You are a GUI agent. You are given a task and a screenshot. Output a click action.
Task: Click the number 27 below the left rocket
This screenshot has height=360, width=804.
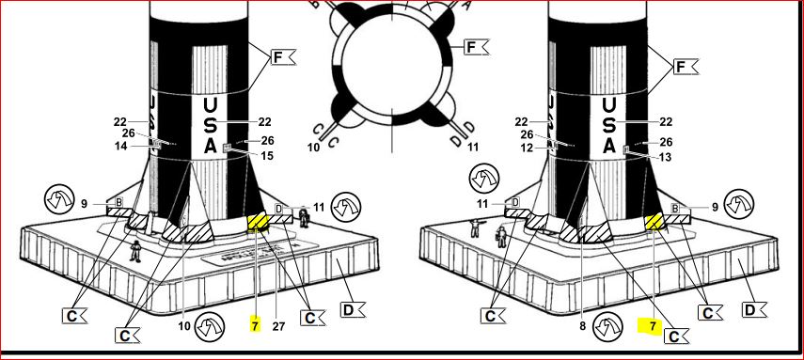278,326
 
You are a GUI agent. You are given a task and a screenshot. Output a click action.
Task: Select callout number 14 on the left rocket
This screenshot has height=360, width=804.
121,146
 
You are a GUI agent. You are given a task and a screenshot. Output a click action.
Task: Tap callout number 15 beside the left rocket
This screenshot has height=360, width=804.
267,156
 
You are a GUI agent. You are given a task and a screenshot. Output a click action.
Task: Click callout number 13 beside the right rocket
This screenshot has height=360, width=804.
664,157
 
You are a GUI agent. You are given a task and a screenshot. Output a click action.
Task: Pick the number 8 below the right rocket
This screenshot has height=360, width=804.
582,325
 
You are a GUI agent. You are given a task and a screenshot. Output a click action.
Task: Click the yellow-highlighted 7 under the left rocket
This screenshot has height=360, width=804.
256,325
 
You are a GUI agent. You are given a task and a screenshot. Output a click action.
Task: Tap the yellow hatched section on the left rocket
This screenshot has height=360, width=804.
259,223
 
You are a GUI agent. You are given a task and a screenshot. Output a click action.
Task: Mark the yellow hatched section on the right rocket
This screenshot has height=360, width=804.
654,222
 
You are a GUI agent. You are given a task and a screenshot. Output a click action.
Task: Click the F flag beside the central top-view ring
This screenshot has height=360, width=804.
477,47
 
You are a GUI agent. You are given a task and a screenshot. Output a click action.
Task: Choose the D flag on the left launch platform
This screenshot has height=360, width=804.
353,309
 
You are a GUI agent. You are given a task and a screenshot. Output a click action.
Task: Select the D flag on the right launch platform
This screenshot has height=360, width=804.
754,309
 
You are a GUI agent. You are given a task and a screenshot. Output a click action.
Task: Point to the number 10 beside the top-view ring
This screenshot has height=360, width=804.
314,148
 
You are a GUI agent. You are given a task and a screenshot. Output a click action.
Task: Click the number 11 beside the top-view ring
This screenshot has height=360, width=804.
473,148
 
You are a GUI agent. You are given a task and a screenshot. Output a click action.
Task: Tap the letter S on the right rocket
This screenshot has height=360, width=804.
608,126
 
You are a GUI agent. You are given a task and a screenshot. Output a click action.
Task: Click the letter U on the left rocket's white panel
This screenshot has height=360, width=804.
211,106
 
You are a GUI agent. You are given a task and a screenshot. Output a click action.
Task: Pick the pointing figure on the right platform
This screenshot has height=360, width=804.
476,227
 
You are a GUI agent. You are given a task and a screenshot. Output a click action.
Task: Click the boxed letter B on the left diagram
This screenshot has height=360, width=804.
118,202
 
